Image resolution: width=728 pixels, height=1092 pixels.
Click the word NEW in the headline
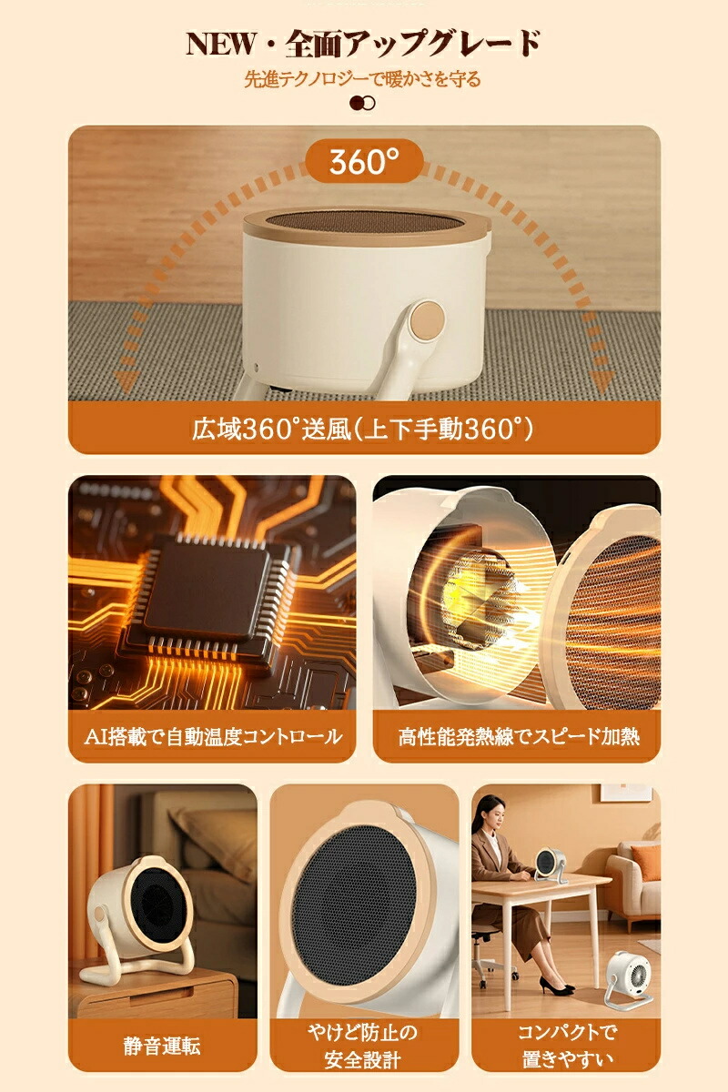click(x=220, y=44)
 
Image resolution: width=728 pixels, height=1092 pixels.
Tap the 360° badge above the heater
click(x=365, y=161)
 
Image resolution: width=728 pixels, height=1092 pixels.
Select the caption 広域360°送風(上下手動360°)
click(x=363, y=429)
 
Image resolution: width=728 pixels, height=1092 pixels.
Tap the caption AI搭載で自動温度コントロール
click(x=213, y=736)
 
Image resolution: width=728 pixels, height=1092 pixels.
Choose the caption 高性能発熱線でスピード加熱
click(x=519, y=736)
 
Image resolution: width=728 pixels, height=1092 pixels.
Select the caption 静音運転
click(x=162, y=1046)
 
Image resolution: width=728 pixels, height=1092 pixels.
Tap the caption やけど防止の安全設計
click(x=363, y=1046)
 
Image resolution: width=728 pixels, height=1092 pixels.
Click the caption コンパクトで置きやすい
click(x=567, y=1046)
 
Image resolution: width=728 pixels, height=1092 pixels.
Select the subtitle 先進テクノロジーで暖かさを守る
click(x=362, y=79)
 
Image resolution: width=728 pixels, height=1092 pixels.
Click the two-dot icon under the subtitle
click(x=363, y=104)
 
